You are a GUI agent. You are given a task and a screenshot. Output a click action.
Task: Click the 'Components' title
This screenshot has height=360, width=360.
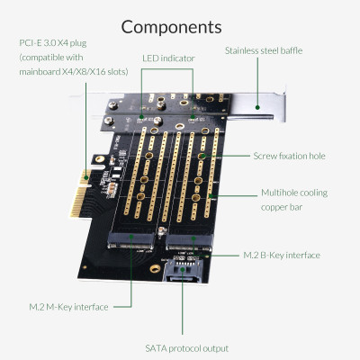coord(171,26)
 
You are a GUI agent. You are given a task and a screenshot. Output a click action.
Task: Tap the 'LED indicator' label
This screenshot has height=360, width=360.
coord(168,58)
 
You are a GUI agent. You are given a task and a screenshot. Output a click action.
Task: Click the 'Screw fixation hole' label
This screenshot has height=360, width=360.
coord(289,156)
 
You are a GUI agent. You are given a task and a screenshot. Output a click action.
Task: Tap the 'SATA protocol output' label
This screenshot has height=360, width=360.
coord(186,347)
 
